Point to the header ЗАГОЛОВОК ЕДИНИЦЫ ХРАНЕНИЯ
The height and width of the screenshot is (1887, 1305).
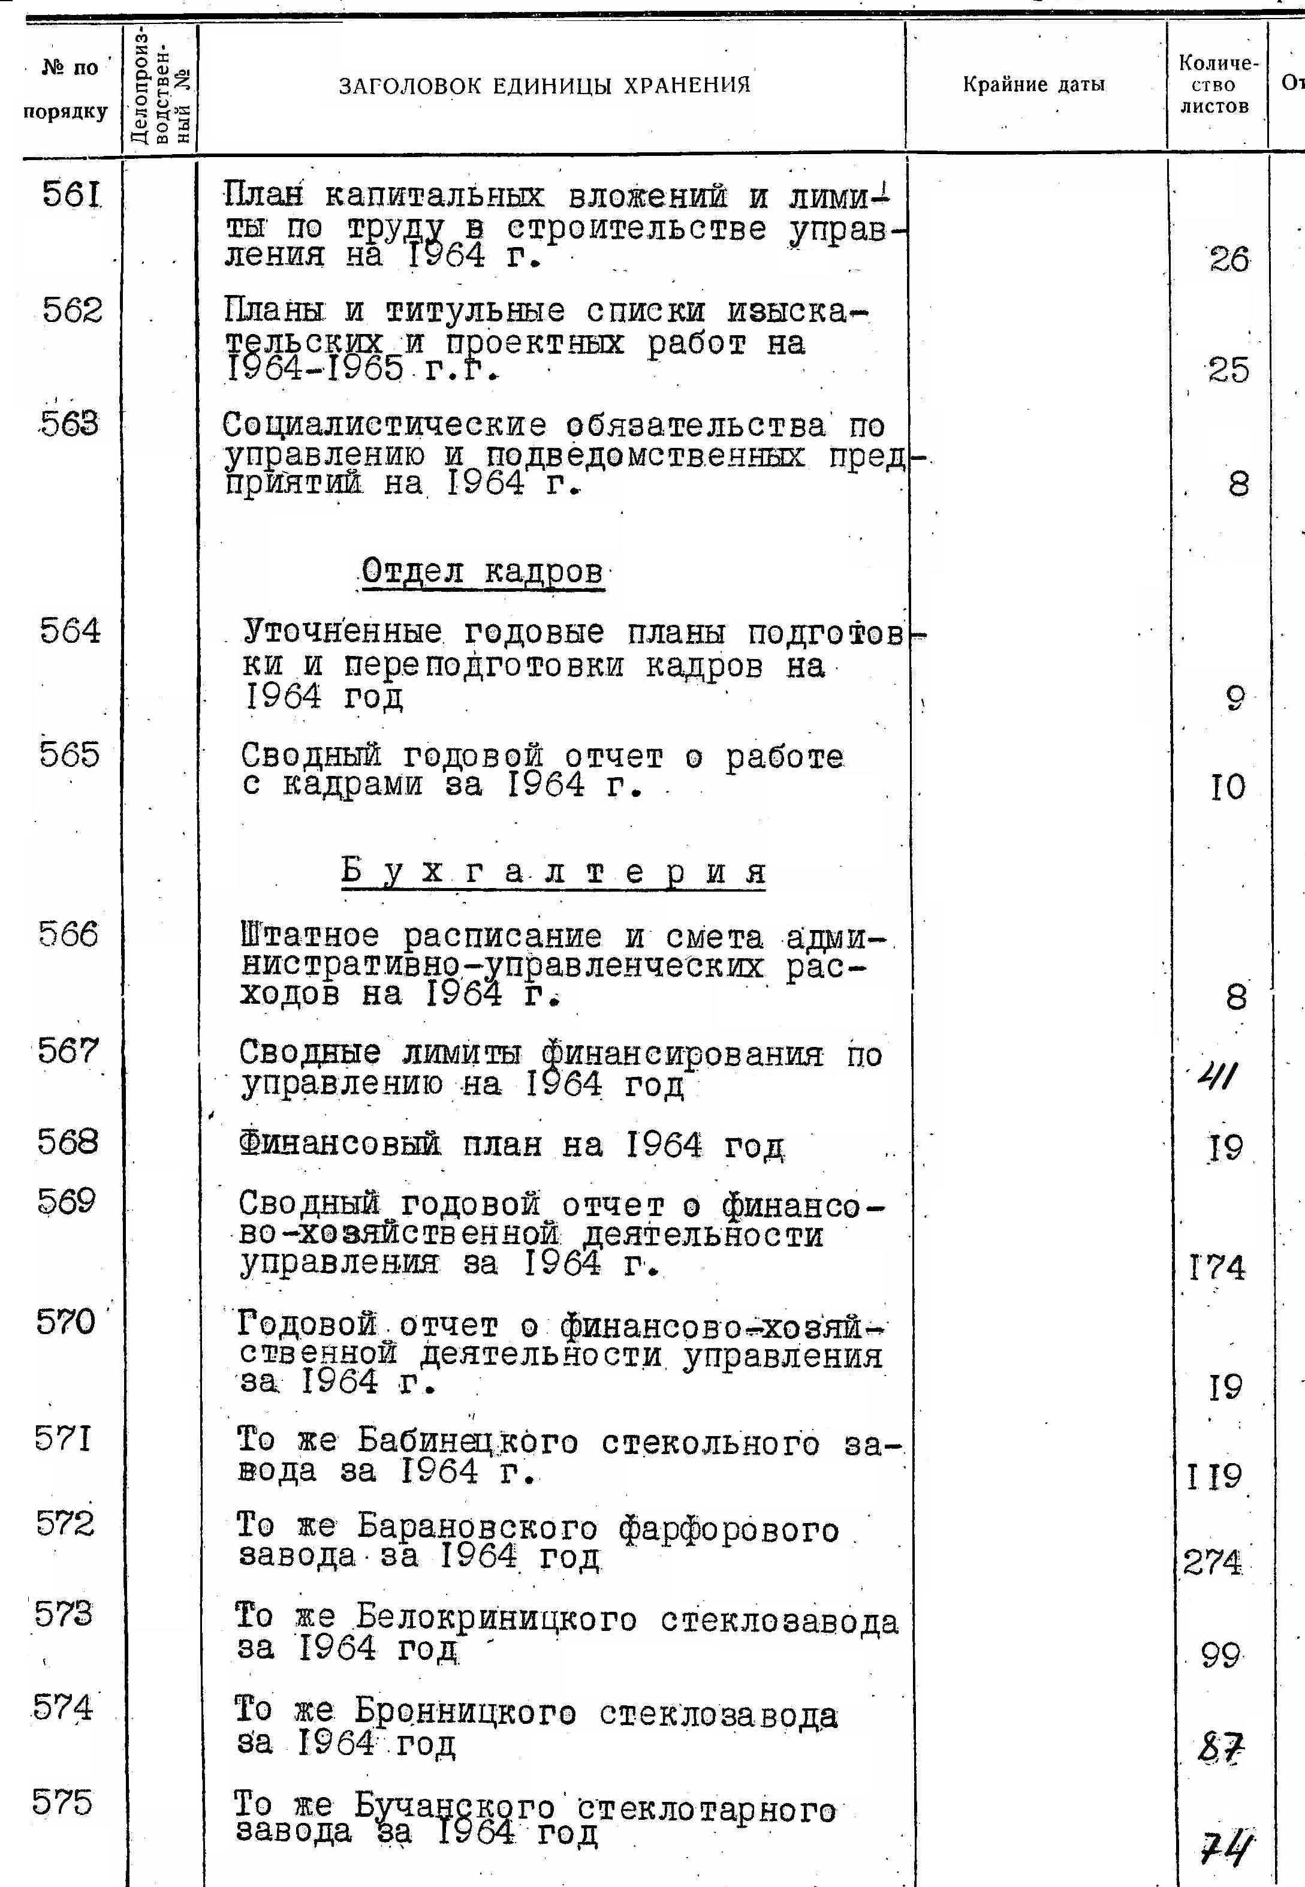click(x=544, y=85)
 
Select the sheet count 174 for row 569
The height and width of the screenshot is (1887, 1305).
click(x=1217, y=1268)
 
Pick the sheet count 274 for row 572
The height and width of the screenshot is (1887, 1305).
click(x=1213, y=1563)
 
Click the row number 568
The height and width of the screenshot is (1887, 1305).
click(x=68, y=1142)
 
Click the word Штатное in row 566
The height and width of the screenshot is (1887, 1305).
click(x=311, y=936)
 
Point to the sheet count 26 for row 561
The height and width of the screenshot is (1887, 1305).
click(x=1229, y=260)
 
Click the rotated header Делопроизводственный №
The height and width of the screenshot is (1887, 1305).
click(x=161, y=86)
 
